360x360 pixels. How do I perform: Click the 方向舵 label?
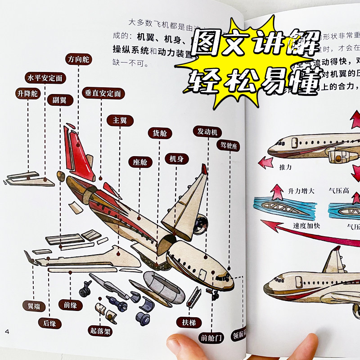(78, 59)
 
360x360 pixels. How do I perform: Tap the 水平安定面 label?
(46, 78)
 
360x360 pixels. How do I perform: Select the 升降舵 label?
(28, 94)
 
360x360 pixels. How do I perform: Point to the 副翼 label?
(59, 100)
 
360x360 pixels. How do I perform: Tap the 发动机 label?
(207, 132)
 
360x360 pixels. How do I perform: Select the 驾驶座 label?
(228, 145)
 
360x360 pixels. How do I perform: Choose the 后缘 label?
(49, 323)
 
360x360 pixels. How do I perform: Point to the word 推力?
(286, 167)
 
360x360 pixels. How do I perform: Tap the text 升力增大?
(301, 191)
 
